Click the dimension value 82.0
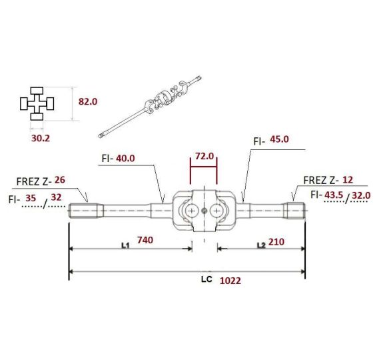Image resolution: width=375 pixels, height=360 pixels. [x=88, y=102]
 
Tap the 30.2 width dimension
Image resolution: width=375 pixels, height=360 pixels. [x=41, y=139]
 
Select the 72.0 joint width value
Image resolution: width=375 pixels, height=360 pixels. [x=204, y=156]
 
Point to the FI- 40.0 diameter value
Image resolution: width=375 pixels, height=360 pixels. [x=125, y=158]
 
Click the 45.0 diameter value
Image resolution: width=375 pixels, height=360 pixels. [x=279, y=139]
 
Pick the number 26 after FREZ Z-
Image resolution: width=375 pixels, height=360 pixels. [x=60, y=180]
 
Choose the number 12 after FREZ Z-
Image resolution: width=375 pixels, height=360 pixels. [x=348, y=180]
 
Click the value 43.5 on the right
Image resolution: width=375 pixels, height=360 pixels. [x=334, y=195]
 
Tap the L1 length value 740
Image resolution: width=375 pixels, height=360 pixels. [x=145, y=240]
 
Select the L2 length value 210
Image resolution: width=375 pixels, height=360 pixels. [x=276, y=242]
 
